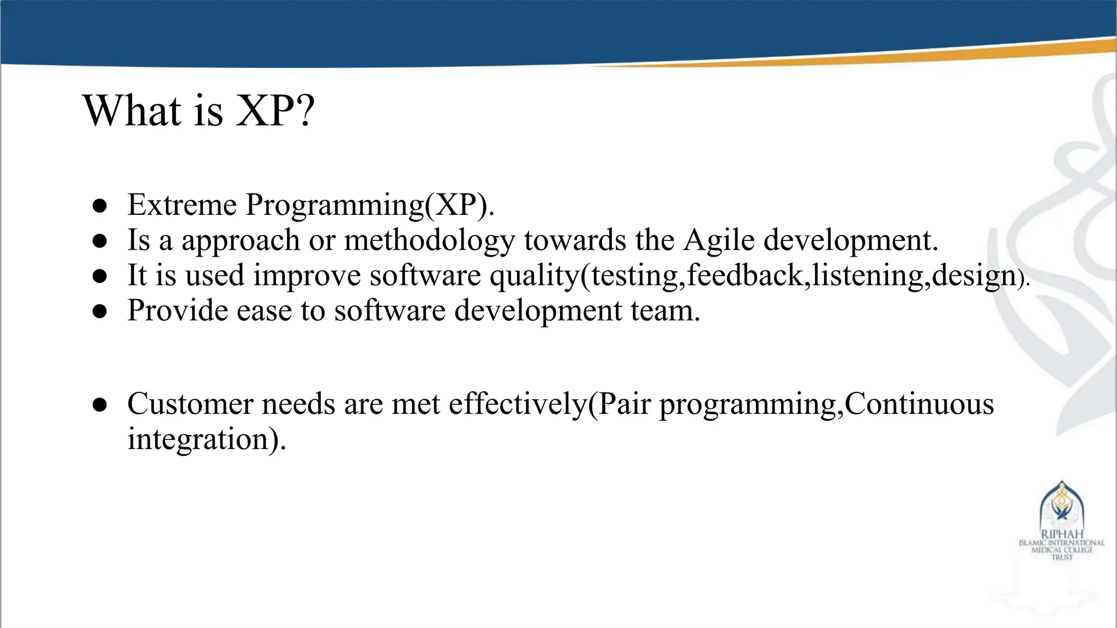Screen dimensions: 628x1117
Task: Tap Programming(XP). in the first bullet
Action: pos(370,206)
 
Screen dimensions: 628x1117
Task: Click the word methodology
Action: pos(429,240)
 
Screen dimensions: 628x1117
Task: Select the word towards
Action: pos(575,240)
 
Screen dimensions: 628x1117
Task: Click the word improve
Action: pos(307,275)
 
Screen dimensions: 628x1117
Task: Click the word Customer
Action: pos(190,404)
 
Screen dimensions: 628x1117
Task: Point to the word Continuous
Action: pos(919,404)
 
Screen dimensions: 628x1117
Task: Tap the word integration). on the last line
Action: pos(207,439)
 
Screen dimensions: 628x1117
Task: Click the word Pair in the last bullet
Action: pos(624,404)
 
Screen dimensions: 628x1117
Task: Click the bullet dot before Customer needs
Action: pos(99,405)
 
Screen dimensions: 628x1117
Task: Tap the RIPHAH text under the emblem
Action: pos(1061,534)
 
